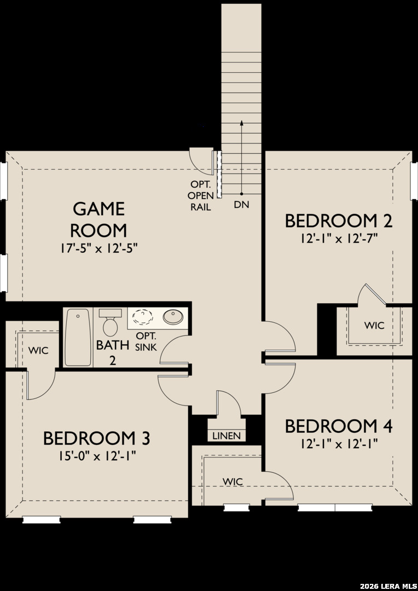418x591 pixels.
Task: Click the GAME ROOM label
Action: [x=98, y=219]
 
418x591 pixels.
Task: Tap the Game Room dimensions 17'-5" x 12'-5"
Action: [x=99, y=250]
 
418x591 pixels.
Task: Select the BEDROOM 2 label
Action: [x=339, y=221]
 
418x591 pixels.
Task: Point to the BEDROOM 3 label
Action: [x=97, y=438]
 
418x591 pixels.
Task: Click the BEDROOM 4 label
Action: [x=339, y=426]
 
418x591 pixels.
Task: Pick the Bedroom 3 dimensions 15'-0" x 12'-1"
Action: [x=97, y=456]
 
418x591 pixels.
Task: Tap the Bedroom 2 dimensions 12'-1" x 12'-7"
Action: [x=339, y=239]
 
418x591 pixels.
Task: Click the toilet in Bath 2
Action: [x=110, y=322]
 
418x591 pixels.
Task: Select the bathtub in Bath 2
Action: [x=78, y=337]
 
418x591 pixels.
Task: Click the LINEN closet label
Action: [x=227, y=436]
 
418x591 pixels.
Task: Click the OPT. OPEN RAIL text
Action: [x=200, y=196]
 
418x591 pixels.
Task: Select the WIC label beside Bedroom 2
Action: [x=374, y=325]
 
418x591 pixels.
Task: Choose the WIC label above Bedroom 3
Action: [x=38, y=351]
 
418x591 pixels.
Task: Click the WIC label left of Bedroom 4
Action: [x=233, y=482]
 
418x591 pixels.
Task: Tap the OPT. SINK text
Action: [x=146, y=341]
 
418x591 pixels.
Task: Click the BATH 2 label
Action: [x=112, y=352]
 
